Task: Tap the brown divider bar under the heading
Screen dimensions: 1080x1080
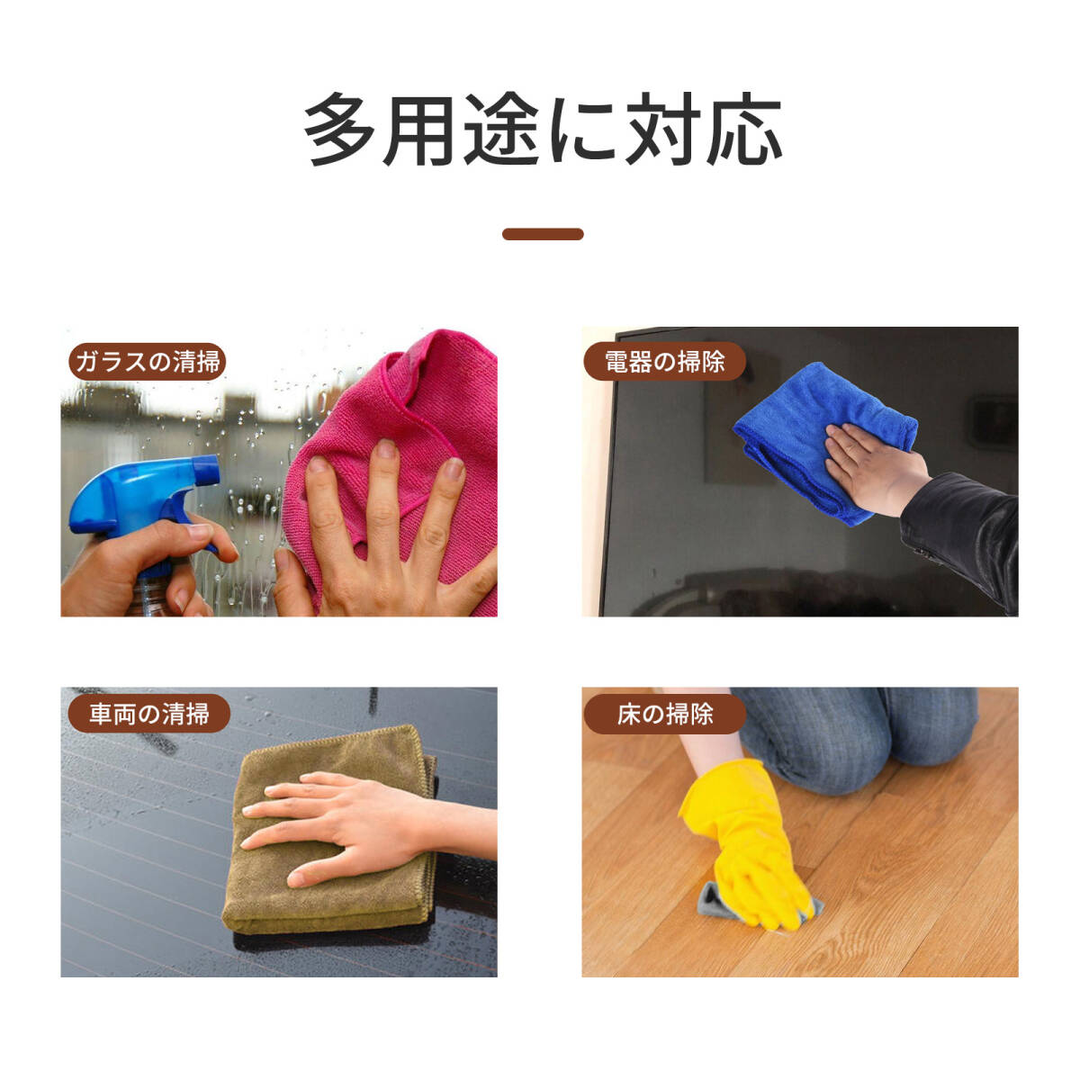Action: point(543,234)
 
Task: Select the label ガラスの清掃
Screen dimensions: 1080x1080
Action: point(147,362)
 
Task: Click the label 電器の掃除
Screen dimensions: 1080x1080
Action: point(664,362)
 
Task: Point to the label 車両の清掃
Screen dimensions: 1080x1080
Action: point(148,714)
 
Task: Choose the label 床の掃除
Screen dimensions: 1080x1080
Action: point(664,714)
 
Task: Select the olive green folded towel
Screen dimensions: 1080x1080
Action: point(324,891)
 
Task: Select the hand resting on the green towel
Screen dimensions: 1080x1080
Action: point(342,823)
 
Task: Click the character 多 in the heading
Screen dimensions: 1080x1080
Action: point(339,131)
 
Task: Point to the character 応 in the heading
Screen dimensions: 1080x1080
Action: point(742,131)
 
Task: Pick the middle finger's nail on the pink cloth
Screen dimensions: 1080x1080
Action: point(386,449)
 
